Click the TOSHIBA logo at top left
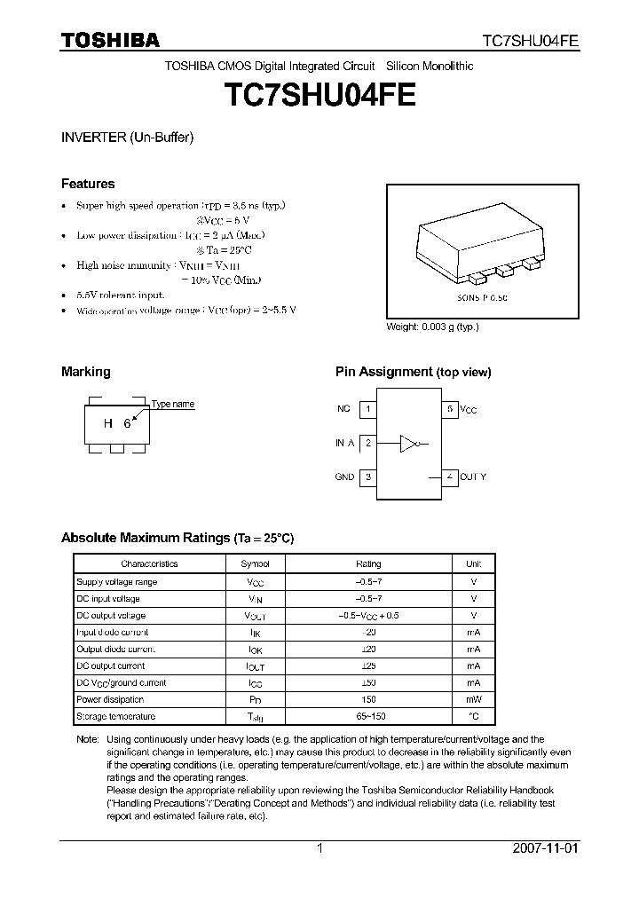pos(109,39)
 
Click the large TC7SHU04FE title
pos(319,95)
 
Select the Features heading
pos(87,184)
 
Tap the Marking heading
pos(85,372)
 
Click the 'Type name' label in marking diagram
pos(172,405)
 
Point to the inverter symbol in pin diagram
pos(409,442)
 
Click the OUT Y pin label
pos(473,477)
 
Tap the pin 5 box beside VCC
pos(450,409)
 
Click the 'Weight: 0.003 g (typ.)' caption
pos(432,327)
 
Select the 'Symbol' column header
pos(256,563)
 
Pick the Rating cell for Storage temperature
pos(368,716)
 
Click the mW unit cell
pos(473,699)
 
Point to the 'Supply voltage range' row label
pos(116,581)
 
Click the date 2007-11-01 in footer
pos(545,848)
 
